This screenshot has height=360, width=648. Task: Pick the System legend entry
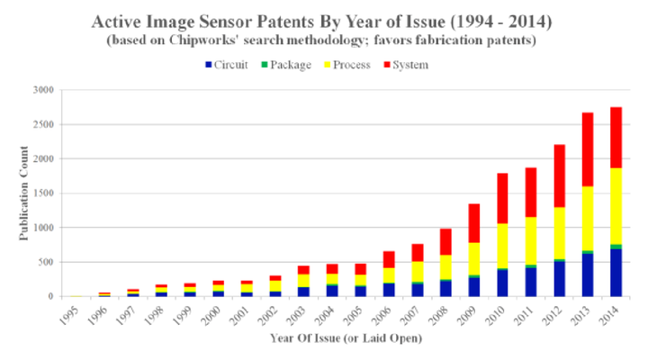click(x=411, y=65)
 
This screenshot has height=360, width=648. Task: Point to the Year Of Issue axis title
click(x=345, y=338)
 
